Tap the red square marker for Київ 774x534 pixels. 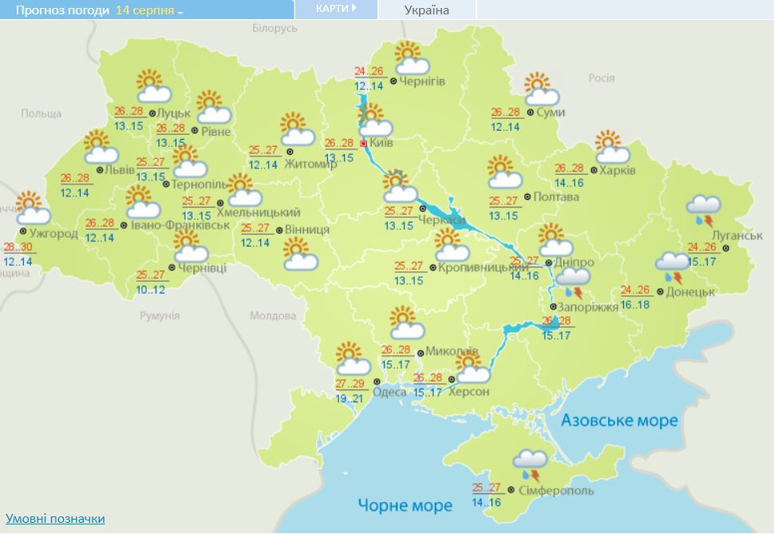(364, 144)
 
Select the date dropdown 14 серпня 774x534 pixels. (148, 10)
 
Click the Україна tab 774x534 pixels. (426, 10)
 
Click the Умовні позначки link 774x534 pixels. (55, 519)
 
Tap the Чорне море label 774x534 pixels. (405, 504)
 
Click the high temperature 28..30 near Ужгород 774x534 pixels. (18, 247)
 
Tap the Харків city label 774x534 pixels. (618, 171)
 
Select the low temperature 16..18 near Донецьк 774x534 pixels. (635, 304)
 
